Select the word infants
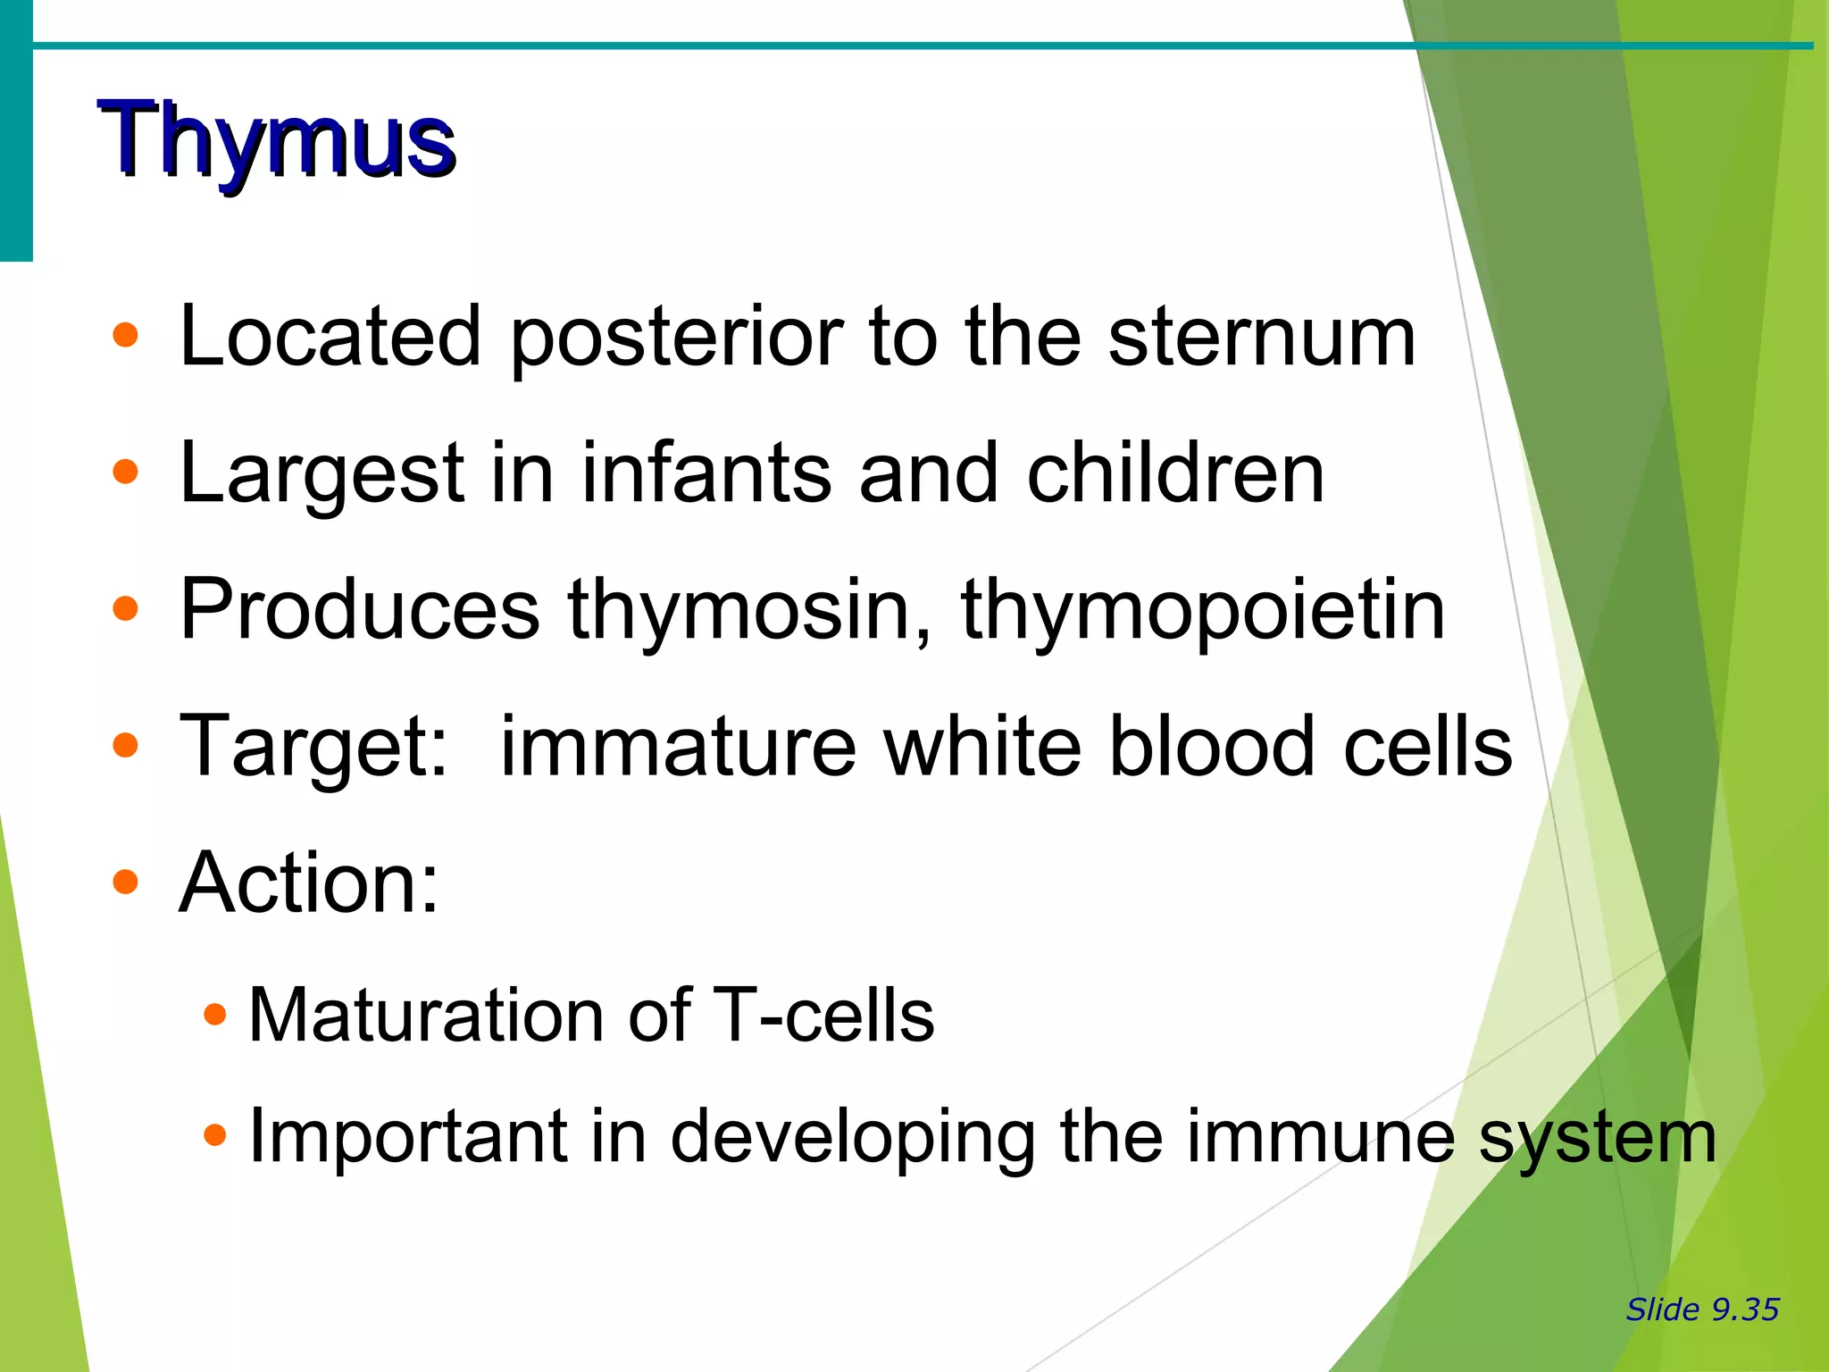pyautogui.click(x=706, y=473)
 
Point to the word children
pyautogui.click(x=1175, y=473)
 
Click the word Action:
pyautogui.click(x=309, y=883)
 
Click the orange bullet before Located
pyautogui.click(x=126, y=336)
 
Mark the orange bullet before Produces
pyautogui.click(x=126, y=609)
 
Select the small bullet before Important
pyautogui.click(x=214, y=1136)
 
